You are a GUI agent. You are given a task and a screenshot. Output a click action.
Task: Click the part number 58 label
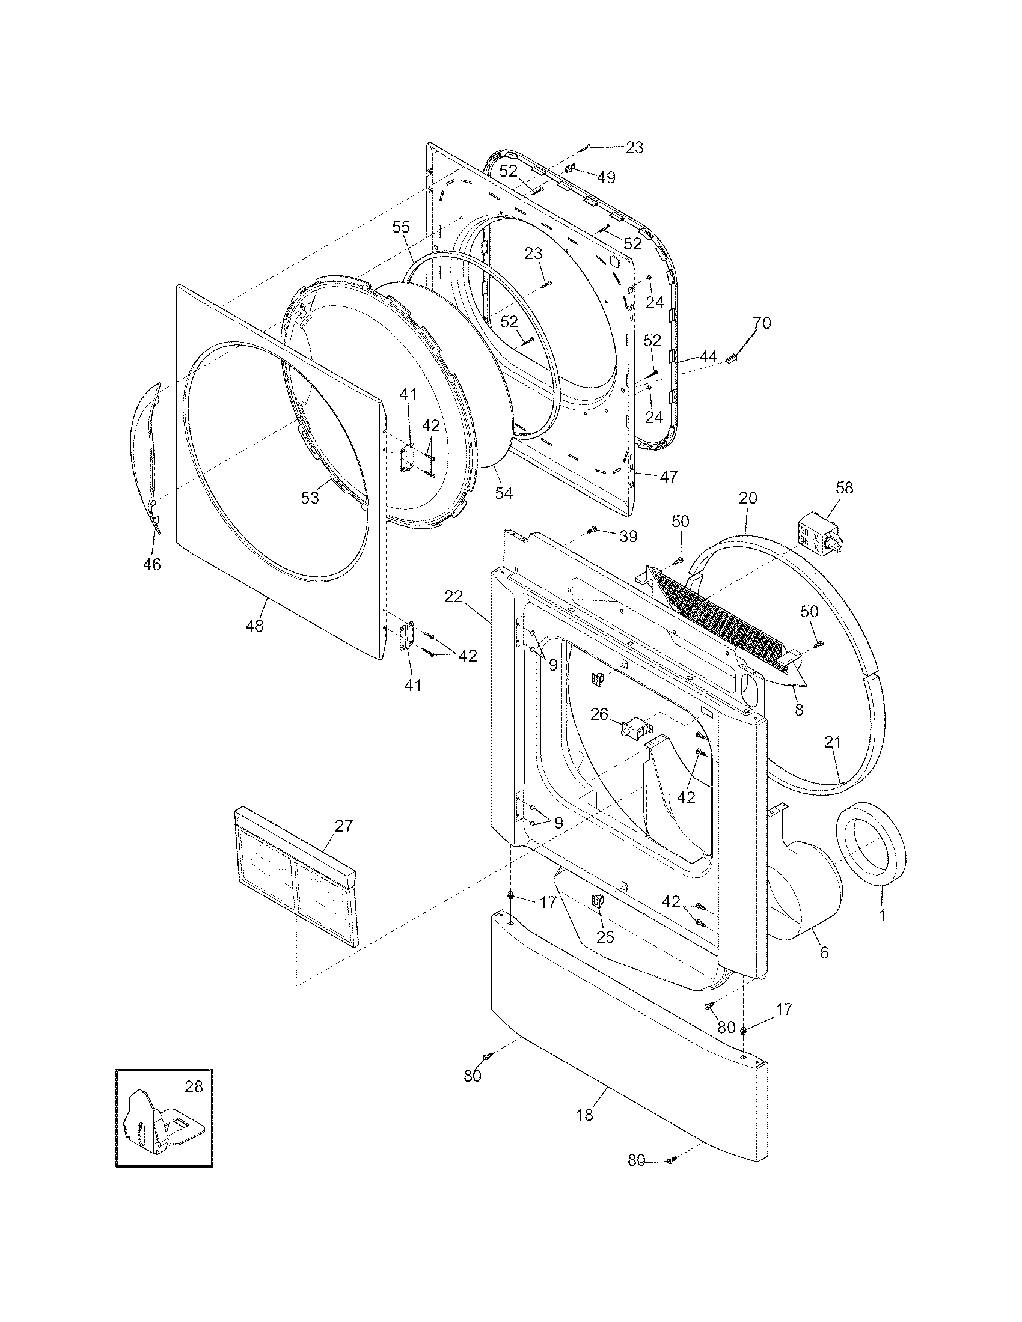(844, 487)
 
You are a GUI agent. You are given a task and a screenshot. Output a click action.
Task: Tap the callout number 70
(762, 323)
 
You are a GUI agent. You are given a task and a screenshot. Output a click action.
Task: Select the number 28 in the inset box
(193, 1086)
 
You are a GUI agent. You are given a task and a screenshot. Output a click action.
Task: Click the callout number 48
(255, 626)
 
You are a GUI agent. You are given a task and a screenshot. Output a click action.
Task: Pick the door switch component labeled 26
(634, 726)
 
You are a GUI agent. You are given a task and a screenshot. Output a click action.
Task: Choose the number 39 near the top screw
(628, 536)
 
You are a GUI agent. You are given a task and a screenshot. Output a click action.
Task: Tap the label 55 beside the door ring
(401, 227)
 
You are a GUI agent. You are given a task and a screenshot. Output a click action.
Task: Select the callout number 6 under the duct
(824, 953)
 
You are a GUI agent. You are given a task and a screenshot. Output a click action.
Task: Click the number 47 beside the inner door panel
(668, 477)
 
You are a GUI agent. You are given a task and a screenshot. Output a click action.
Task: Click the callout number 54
(504, 493)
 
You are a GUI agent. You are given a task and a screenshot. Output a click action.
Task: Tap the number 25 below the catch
(605, 937)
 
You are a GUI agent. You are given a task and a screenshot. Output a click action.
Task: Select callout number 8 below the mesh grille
(799, 711)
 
